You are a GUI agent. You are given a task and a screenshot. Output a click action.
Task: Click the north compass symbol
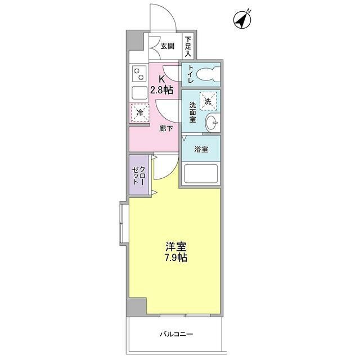[x=242, y=20]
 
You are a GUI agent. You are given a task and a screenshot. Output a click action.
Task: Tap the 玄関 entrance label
[x=168, y=46]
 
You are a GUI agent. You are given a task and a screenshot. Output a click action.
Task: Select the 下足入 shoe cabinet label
[x=188, y=46]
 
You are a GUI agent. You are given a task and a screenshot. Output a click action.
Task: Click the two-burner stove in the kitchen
[x=139, y=74]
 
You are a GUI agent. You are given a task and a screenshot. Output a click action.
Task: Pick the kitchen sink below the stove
[x=139, y=93]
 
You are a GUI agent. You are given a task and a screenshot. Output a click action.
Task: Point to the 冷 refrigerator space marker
[x=140, y=112]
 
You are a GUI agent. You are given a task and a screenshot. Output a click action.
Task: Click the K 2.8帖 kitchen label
[x=162, y=85]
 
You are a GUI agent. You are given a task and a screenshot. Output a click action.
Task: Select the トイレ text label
[x=191, y=74]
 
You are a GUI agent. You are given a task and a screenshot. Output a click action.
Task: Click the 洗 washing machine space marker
[x=208, y=101]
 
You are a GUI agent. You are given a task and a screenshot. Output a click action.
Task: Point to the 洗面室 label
[x=192, y=112]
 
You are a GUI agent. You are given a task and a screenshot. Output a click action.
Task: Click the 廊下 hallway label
[x=166, y=128]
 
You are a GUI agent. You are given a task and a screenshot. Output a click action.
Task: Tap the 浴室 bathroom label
[x=201, y=150]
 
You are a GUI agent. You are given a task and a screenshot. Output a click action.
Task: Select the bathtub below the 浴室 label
[x=201, y=174]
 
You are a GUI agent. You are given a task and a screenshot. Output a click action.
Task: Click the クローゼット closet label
[x=139, y=175]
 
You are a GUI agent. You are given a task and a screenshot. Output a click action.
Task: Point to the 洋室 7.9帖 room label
[x=175, y=252]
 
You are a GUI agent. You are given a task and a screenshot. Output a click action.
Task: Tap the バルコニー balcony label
[x=176, y=334]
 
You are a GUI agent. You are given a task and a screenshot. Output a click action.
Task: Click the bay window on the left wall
[x=124, y=223]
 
